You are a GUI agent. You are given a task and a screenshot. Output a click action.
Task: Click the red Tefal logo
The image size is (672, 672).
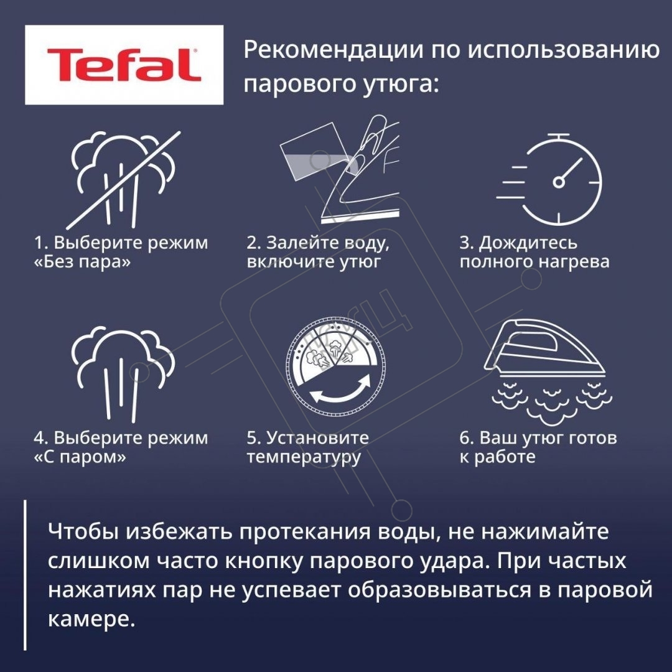click(124, 65)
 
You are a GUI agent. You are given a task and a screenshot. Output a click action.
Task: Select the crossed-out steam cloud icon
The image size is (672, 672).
click(123, 180)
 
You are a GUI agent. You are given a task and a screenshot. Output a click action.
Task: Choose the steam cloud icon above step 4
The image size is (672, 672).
click(123, 373)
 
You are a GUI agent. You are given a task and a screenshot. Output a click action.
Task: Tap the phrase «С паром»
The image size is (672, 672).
click(80, 457)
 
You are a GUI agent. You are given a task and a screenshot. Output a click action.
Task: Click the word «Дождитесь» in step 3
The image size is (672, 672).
click(528, 243)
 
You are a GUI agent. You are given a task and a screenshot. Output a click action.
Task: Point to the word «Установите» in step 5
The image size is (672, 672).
click(317, 437)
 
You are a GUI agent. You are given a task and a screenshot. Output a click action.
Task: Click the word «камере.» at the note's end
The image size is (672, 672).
click(91, 619)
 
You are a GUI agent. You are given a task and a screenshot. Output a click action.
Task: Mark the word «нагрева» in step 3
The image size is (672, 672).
click(574, 262)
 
